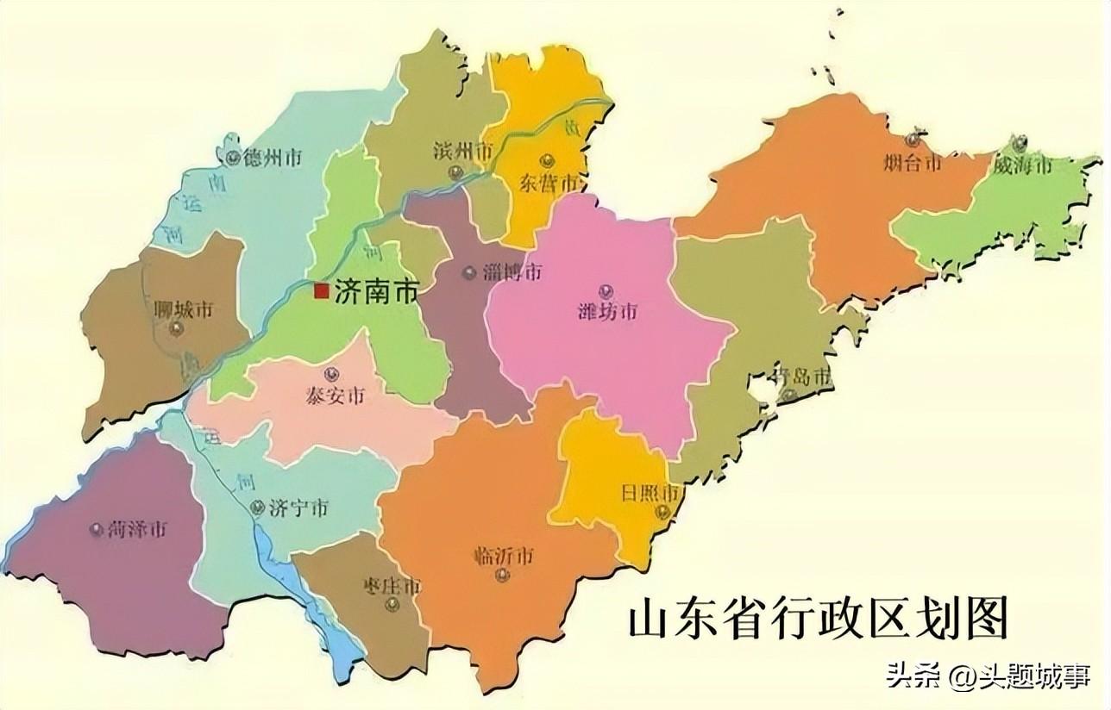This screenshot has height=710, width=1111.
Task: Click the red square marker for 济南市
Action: click(x=322, y=291)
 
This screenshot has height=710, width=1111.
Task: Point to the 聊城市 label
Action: click(x=182, y=309)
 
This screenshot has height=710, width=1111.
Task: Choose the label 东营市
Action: click(x=549, y=182)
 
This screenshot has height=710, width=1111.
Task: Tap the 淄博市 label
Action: click(x=512, y=272)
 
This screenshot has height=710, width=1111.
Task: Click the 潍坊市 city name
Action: click(x=607, y=311)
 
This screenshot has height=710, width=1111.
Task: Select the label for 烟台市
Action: click(x=913, y=162)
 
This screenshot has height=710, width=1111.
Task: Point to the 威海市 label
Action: click(x=1023, y=165)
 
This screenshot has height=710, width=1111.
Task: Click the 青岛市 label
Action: click(x=801, y=377)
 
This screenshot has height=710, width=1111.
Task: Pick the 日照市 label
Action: click(x=651, y=495)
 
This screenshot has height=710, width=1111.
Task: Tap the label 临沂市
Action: click(x=503, y=556)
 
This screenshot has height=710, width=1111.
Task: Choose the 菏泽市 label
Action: click(x=138, y=529)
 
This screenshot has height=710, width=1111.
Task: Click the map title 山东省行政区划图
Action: click(x=817, y=620)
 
